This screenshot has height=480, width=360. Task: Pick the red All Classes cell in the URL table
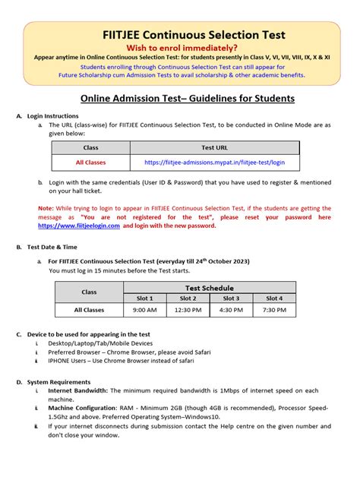point(90,163)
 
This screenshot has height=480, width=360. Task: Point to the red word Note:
point(46,207)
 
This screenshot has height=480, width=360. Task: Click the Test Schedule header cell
point(210,288)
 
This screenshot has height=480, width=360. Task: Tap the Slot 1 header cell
point(145,298)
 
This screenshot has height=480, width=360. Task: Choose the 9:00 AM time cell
point(145,310)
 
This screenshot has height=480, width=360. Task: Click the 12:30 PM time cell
point(188,310)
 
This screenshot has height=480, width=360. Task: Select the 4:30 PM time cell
point(232,310)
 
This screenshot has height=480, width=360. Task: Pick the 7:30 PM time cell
point(275,310)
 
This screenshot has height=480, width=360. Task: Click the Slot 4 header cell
point(275,298)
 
